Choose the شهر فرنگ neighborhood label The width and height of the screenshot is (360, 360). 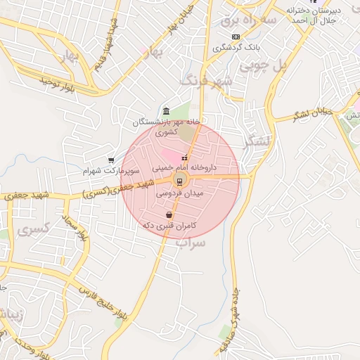point(206,81)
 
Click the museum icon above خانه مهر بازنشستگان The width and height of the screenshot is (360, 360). point(165,112)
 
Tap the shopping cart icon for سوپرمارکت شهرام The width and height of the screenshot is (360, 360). point(111,160)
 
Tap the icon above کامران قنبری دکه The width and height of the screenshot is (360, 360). point(169,214)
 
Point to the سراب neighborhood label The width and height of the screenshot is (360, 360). point(191,243)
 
